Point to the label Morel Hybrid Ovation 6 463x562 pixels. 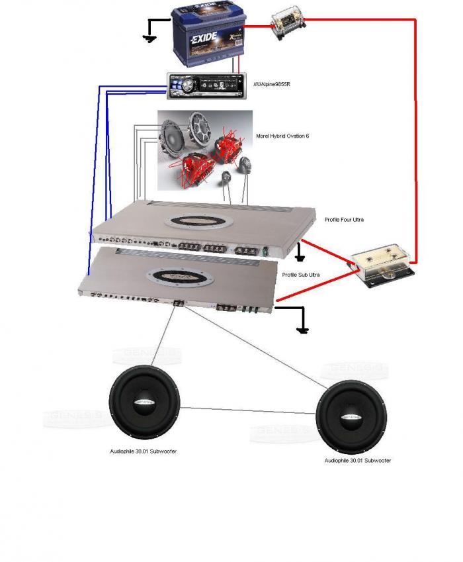coord(282,136)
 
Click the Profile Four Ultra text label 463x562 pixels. coord(344,219)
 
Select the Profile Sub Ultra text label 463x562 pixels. coord(301,275)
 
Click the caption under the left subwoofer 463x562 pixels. coord(143,451)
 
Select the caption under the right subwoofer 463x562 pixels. coord(357,460)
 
